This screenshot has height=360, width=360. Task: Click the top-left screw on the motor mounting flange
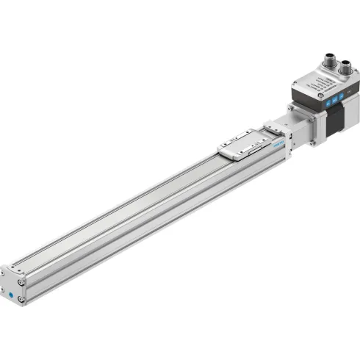tap(292, 108)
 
